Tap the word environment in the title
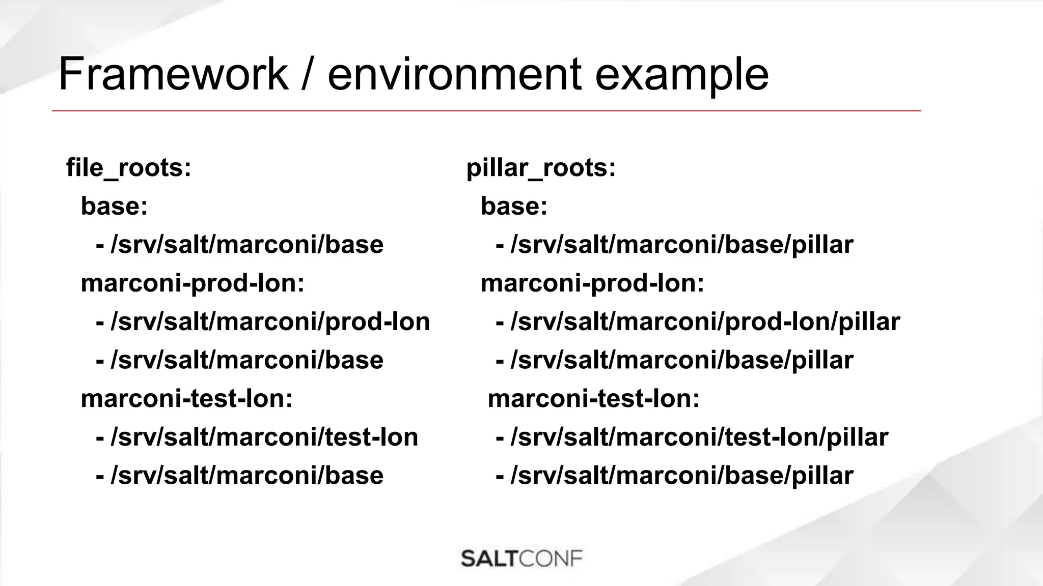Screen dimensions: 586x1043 point(454,74)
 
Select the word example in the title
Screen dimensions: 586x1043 point(681,74)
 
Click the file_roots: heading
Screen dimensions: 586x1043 point(129,167)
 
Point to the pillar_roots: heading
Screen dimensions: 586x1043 point(541,167)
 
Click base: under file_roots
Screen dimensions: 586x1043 point(114,206)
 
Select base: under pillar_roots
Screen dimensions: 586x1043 point(514,206)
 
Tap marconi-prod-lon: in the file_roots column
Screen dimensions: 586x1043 point(193,283)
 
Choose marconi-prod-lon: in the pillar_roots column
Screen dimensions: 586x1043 point(592,283)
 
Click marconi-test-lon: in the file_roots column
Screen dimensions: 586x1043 point(187,398)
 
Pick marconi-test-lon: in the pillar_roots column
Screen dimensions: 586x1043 point(594,398)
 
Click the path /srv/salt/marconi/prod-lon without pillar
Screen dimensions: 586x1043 point(270,321)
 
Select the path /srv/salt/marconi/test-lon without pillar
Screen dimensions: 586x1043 point(264,437)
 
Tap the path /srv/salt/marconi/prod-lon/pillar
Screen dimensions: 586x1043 point(705,321)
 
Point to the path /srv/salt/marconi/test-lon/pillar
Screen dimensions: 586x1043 point(699,437)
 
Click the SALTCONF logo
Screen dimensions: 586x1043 point(521,559)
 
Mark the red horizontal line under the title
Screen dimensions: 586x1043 point(486,110)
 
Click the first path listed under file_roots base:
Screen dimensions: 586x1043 point(246,245)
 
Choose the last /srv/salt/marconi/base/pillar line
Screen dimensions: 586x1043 point(681,476)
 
